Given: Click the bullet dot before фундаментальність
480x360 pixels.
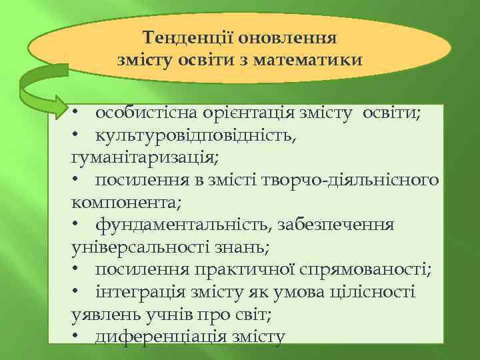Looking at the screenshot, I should (77, 226).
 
